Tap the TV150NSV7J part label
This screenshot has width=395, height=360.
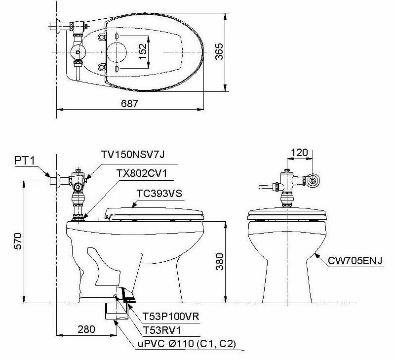pos(132,155)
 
